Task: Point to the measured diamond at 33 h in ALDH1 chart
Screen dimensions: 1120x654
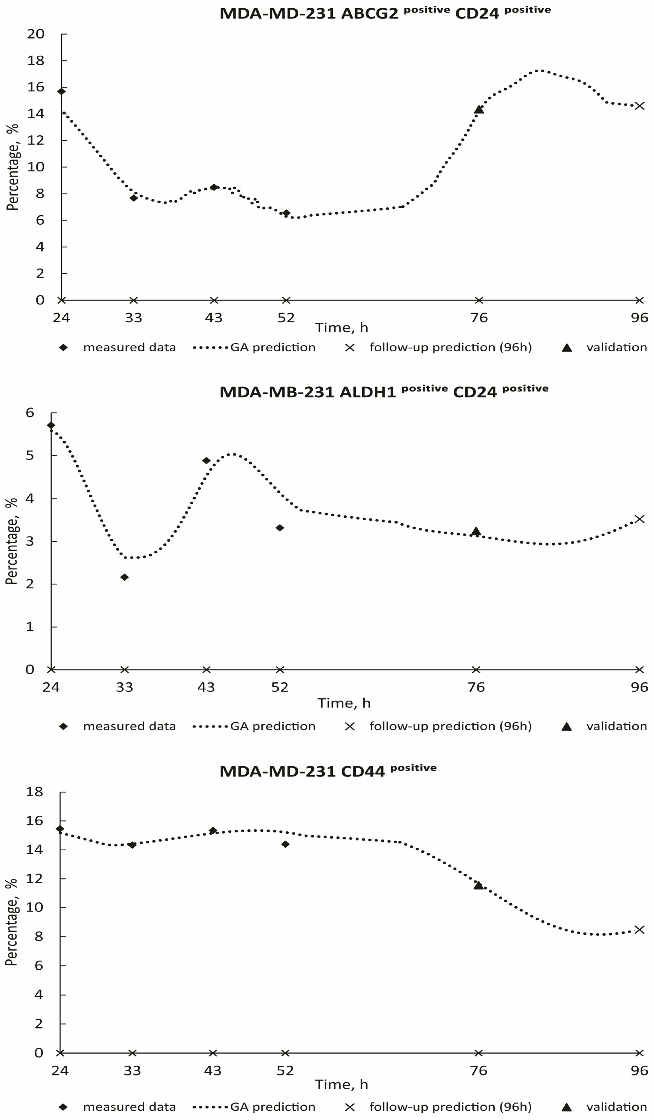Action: click(125, 577)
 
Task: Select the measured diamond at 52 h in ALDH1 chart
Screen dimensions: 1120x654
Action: click(280, 528)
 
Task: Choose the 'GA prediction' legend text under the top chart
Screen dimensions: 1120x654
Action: click(272, 347)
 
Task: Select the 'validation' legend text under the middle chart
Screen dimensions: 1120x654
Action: click(616, 726)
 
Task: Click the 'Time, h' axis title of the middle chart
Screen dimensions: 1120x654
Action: click(344, 703)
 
